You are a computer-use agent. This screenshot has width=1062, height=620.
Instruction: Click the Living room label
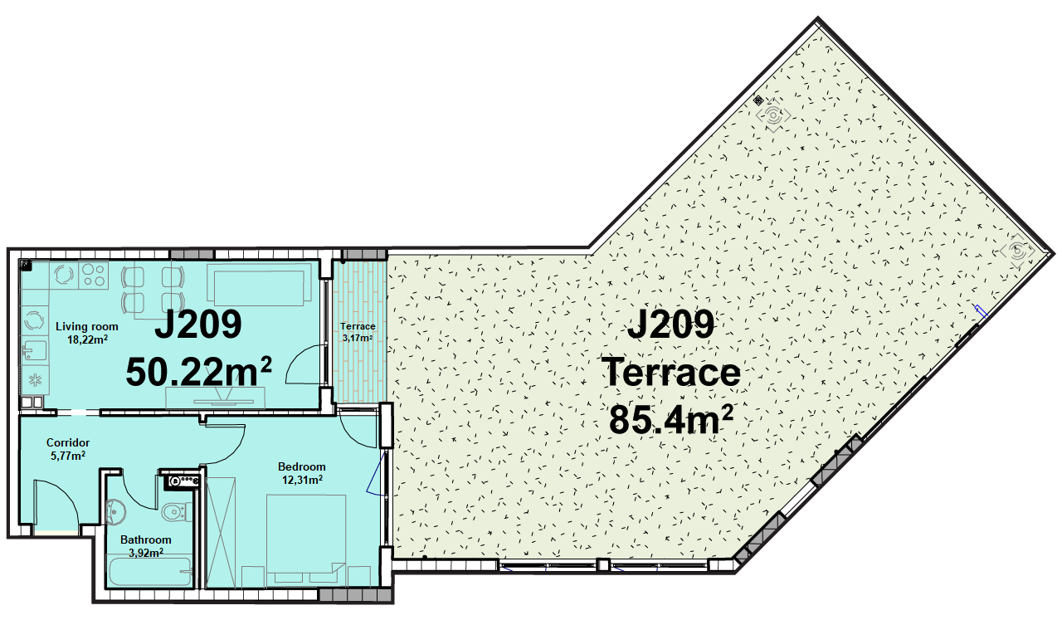pyautogui.click(x=87, y=326)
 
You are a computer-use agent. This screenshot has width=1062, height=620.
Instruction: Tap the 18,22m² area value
pyautogui.click(x=87, y=339)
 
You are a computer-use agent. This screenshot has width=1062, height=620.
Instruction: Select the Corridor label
pyautogui.click(x=68, y=442)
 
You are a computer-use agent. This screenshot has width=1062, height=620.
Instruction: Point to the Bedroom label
pyautogui.click(x=301, y=466)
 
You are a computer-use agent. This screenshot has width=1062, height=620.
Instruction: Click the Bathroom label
pyautogui.click(x=145, y=539)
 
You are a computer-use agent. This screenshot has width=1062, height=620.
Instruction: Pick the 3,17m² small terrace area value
pyautogui.click(x=358, y=339)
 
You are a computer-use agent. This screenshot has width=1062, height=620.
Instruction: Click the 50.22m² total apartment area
pyautogui.click(x=198, y=372)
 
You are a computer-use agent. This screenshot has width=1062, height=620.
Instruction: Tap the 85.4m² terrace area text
pyautogui.click(x=671, y=419)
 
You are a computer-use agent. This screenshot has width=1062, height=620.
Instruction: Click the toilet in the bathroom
pyautogui.click(x=175, y=511)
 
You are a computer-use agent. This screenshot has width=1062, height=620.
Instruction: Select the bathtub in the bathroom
pyautogui.click(x=150, y=572)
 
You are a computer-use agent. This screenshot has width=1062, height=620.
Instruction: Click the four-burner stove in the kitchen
pyautogui.click(x=94, y=275)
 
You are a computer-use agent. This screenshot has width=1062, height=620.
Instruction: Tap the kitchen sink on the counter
pyautogui.click(x=34, y=350)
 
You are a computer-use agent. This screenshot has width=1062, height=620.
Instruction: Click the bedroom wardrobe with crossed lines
pyautogui.click(x=221, y=533)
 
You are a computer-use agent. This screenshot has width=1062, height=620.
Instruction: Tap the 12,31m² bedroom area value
pyautogui.click(x=303, y=480)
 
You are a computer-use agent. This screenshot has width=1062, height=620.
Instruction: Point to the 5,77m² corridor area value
pyautogui.click(x=68, y=456)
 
